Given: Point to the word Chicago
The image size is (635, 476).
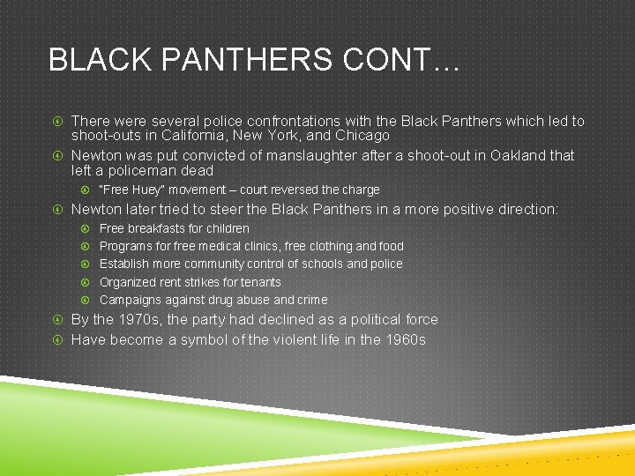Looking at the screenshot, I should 362,136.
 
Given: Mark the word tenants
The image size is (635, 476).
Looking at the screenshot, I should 260,282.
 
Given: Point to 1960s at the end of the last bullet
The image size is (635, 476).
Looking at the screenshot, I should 405,339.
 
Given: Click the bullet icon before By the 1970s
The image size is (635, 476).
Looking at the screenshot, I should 56,320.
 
